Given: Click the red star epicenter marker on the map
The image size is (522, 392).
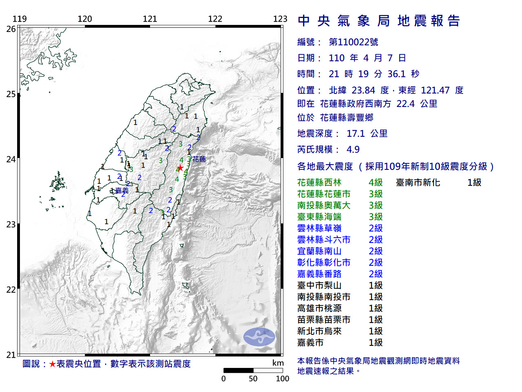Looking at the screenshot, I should (180, 168).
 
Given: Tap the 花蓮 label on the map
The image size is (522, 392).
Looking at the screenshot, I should (199, 159).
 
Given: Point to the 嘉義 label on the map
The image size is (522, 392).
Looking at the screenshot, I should (122, 191).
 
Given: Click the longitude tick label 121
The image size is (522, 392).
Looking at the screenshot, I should (150, 19).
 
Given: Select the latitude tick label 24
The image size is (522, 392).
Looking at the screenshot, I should (11, 159).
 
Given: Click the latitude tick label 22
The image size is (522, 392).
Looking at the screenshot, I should (11, 290).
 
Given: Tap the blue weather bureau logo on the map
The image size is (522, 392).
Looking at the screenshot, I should (259, 337).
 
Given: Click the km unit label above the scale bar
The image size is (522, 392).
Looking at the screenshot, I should (278, 363).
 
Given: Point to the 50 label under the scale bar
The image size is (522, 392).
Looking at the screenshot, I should (253, 379).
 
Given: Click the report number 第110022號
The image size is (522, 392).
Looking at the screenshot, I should (354, 42).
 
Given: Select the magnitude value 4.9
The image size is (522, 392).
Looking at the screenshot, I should (353, 149).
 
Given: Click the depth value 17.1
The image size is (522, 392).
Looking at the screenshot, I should (356, 134).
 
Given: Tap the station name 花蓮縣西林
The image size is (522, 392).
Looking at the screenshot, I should (319, 183).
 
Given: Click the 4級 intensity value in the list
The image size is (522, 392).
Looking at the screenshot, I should (375, 183).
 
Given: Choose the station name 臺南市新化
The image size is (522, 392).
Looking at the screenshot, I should (418, 183).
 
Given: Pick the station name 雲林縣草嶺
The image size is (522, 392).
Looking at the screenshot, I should (319, 228).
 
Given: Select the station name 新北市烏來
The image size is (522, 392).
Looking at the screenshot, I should (319, 331).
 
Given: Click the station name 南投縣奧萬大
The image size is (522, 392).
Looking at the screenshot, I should (324, 205).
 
